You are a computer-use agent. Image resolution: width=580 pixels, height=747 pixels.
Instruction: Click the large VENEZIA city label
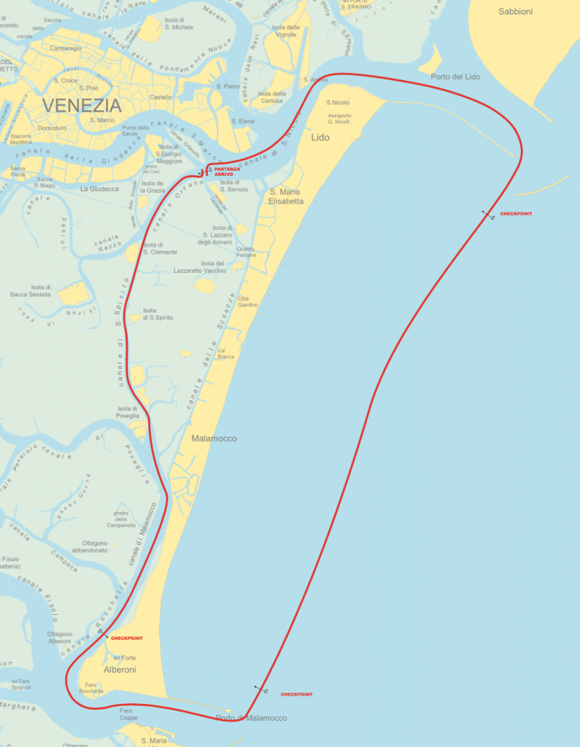[x=81, y=105]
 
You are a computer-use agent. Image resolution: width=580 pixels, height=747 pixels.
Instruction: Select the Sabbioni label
[x=515, y=12]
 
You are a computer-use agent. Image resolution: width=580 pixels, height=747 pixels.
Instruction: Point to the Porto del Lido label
[x=455, y=77]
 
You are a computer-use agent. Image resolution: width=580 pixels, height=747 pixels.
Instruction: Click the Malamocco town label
[x=214, y=438]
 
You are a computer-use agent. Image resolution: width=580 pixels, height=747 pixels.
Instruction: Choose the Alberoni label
[x=120, y=669]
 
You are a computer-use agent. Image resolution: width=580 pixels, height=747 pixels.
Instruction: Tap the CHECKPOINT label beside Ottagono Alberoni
[x=126, y=638]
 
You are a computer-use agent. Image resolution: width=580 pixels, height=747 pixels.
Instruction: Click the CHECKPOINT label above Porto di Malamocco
[x=296, y=694]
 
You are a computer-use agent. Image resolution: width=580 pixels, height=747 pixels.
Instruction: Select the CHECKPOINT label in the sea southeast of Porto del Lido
[x=516, y=214]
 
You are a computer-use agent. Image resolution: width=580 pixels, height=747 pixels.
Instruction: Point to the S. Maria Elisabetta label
[x=286, y=196]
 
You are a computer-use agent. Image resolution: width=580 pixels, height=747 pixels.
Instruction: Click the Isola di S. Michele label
[x=178, y=24]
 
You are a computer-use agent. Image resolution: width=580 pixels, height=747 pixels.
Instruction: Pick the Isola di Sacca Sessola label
[x=41, y=291]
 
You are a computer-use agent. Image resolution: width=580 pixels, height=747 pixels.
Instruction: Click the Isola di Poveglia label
[x=128, y=412]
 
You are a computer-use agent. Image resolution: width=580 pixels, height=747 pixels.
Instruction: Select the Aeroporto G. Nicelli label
[x=339, y=118]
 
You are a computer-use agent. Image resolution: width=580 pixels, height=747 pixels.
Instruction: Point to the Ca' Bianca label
[x=226, y=354]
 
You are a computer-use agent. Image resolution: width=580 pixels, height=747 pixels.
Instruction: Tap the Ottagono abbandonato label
[x=95, y=547]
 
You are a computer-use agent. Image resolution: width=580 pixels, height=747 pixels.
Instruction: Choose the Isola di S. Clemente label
[x=160, y=248]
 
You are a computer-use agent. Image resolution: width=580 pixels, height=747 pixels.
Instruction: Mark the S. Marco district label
[x=102, y=120]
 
